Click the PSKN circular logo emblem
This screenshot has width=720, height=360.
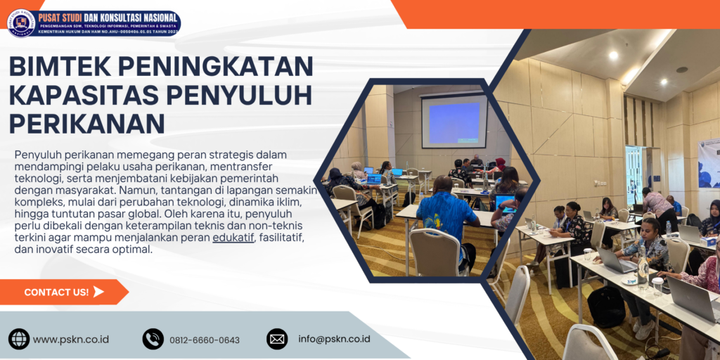coord(21,22)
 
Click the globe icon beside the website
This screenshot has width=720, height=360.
coord(19,339)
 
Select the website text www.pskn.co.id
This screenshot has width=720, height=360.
coord(71,340)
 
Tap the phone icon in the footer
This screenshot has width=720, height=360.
coord(153,339)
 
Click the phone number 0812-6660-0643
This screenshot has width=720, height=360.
coord(205,340)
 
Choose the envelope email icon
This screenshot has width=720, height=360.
coord(277,339)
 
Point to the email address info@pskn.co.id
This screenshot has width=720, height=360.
coord(334,339)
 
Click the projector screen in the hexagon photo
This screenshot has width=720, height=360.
coord(454,121)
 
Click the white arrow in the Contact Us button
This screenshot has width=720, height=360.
coord(98,292)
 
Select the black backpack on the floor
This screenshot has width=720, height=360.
coord(606,306)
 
